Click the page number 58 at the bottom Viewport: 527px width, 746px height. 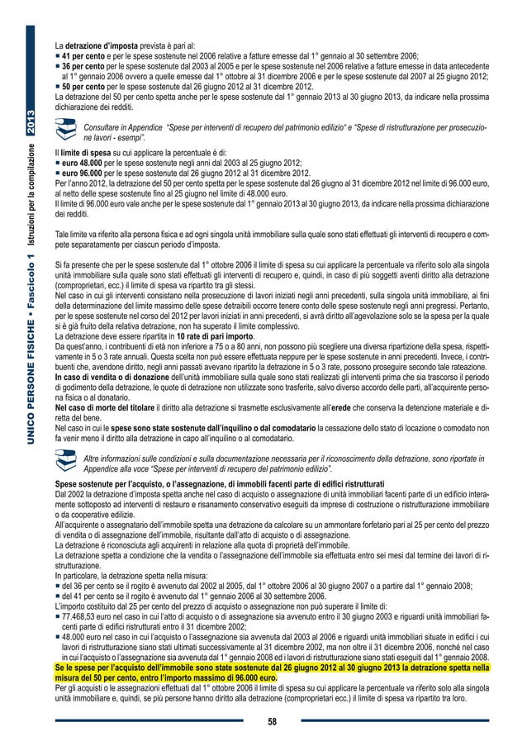(272, 721)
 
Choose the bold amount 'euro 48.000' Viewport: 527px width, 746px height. (85, 164)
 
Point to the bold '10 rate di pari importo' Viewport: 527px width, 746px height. (192, 338)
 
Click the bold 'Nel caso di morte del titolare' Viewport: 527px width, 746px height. (106, 408)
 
